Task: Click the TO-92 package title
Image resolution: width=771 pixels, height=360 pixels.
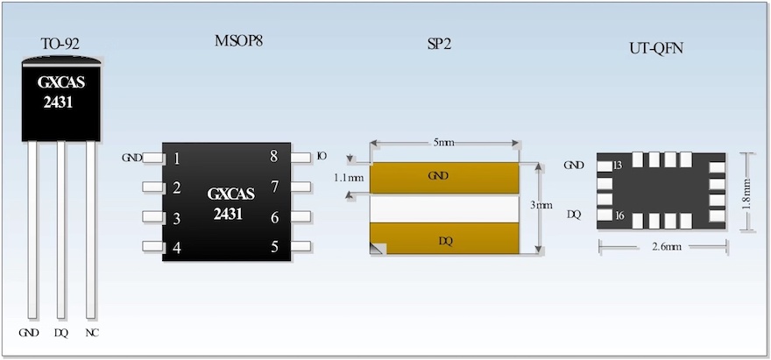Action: coord(60,45)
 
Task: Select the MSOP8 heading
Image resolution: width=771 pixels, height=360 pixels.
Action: coord(238,41)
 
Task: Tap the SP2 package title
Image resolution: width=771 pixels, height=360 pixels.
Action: coord(440,45)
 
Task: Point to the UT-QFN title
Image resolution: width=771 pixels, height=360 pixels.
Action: coord(656,49)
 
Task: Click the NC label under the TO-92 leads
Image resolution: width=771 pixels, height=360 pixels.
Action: coord(92,333)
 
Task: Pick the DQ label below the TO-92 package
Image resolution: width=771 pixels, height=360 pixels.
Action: coord(61,333)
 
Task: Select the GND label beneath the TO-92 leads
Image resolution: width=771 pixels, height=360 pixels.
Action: coord(29,333)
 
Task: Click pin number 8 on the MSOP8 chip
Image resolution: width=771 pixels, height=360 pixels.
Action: coord(274,157)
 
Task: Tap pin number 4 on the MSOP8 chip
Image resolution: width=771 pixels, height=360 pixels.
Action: coord(177,248)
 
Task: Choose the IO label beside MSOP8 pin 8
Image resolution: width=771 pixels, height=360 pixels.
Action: coord(322,157)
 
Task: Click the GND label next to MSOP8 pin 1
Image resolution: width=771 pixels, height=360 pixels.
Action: coord(131,158)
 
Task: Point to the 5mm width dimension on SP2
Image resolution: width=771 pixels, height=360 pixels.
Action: coord(444,143)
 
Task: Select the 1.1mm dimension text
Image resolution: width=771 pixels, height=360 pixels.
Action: coord(349,178)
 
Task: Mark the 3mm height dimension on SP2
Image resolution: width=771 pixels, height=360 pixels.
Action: coord(541,206)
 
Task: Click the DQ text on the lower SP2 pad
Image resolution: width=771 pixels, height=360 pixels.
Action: coord(445,242)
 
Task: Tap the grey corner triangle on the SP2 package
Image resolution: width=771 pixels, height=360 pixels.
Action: coord(378,249)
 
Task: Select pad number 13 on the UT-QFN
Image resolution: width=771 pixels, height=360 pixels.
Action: coord(618,166)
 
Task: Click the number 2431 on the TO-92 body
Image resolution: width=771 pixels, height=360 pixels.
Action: coord(59,103)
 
